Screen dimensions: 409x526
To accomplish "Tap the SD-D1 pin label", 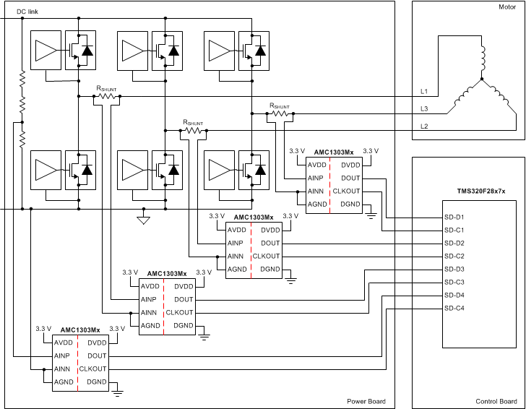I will [x=454, y=217].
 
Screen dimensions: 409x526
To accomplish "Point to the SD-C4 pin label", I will [x=454, y=309].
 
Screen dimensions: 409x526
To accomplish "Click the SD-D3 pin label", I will [x=454, y=269].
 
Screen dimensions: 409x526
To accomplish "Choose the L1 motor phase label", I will [x=424, y=92].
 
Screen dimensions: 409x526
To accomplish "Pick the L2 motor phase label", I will [x=424, y=126].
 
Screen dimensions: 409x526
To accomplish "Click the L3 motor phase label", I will [x=424, y=109].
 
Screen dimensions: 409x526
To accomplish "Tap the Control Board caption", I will [x=496, y=401].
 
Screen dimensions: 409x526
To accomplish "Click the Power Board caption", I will [x=366, y=401].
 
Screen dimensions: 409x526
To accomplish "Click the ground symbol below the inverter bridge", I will [x=143, y=220].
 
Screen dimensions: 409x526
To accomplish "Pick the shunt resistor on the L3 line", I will [x=280, y=113].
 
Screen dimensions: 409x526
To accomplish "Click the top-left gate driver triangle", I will [x=45, y=50].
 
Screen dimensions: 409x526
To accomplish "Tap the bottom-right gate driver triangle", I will [x=220, y=169].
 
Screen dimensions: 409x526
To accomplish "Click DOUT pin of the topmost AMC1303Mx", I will [x=351, y=178].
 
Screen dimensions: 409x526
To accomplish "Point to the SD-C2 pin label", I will [x=454, y=256].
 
